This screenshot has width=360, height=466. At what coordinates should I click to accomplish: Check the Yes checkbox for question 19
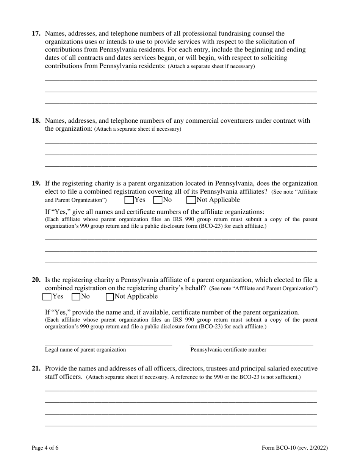point(129,200)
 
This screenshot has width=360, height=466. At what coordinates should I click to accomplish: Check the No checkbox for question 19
point(158,200)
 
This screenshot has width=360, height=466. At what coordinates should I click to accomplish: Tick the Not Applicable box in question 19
point(191,200)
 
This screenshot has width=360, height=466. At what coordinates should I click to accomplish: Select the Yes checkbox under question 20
point(47,297)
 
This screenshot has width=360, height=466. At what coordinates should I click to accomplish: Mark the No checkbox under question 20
point(76,297)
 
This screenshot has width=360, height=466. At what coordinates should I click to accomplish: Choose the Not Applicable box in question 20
point(110,297)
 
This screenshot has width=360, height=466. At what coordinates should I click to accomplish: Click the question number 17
point(36,33)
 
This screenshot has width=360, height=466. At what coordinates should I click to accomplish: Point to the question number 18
point(36,121)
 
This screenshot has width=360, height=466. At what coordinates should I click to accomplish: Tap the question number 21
point(36,369)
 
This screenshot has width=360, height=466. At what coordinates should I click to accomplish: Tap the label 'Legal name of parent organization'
point(85,350)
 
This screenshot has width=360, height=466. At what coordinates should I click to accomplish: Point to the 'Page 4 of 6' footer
point(45,448)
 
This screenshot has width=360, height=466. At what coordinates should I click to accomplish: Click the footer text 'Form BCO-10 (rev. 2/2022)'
point(295,448)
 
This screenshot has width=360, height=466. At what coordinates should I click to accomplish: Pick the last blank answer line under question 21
point(181,424)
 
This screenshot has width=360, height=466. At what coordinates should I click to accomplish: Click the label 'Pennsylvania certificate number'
point(228,350)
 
